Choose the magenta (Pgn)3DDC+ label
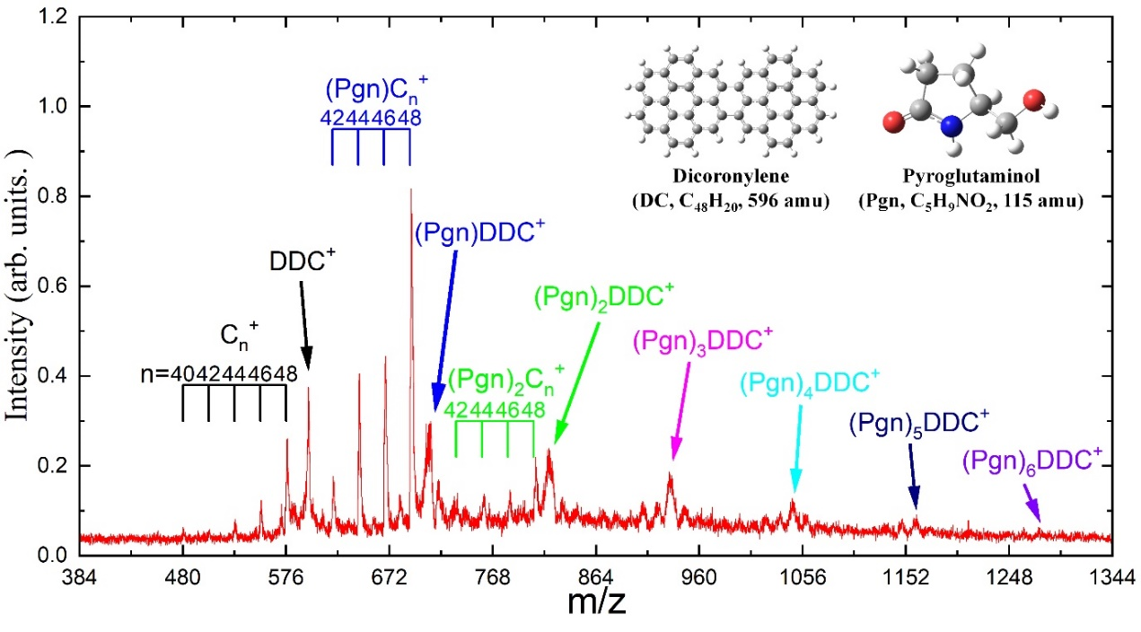(703, 341)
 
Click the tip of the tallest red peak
(410, 189)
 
